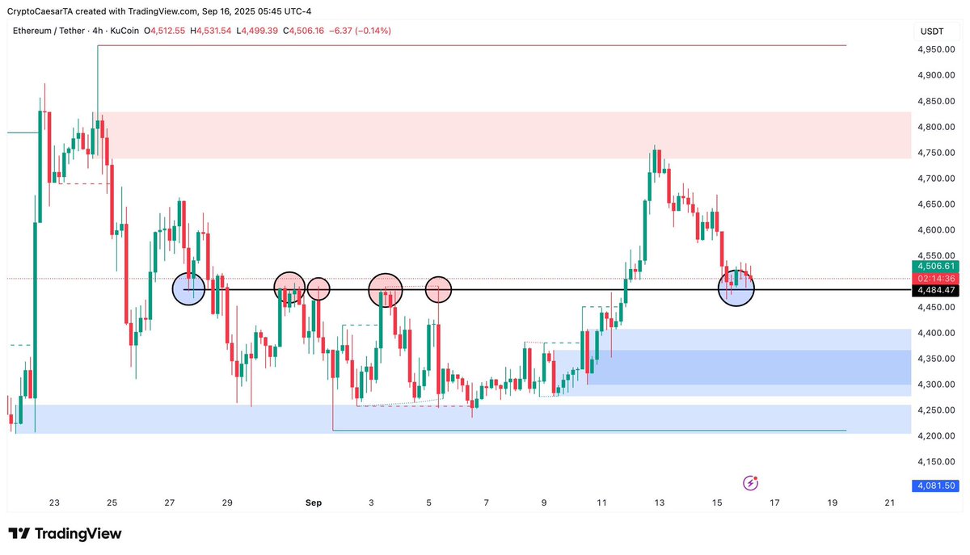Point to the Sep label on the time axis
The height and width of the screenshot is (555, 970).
[314, 502]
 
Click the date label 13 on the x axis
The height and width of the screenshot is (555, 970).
[660, 502]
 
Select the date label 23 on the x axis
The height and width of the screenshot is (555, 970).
[54, 502]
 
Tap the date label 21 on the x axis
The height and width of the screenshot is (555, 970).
[890, 502]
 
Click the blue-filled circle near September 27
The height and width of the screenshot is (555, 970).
[189, 289]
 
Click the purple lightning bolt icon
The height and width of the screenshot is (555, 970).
[750, 483]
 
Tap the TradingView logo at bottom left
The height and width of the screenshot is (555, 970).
[65, 534]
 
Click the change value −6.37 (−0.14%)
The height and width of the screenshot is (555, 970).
[361, 31]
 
